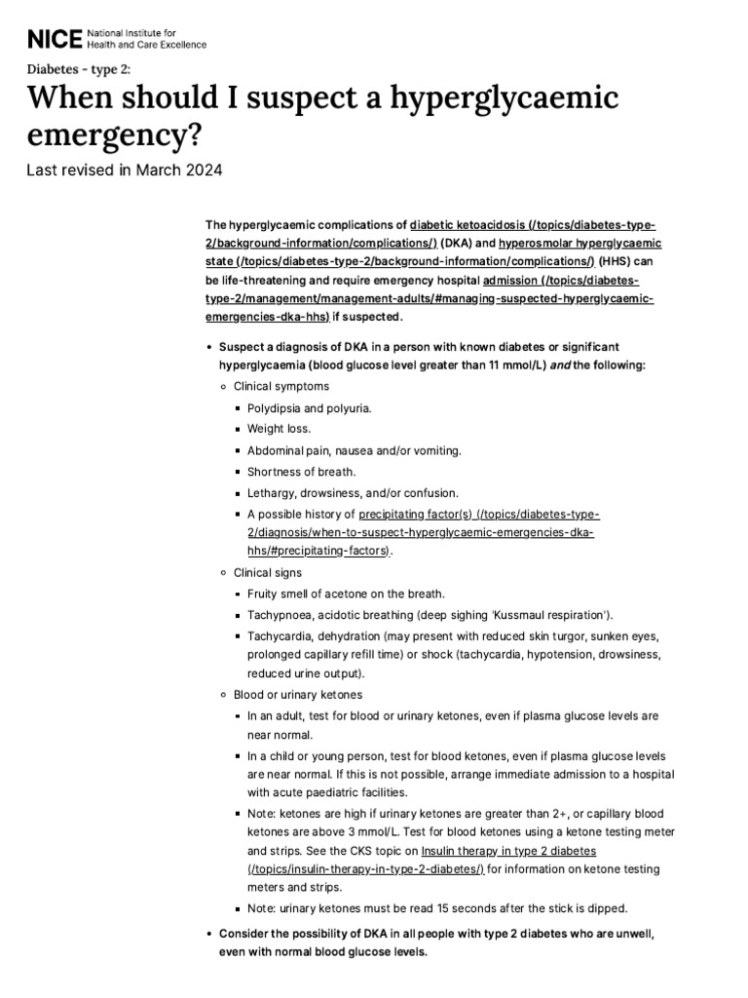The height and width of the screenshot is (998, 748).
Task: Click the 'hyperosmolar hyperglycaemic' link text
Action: point(580,243)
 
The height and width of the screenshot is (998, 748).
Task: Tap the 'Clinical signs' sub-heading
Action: point(268,572)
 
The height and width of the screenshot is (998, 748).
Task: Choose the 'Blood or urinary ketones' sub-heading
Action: point(298,694)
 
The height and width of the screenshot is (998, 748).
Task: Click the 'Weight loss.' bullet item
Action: point(279,428)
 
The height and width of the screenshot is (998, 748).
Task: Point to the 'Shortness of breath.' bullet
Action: point(301,471)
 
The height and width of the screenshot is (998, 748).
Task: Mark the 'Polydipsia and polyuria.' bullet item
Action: point(309,407)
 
